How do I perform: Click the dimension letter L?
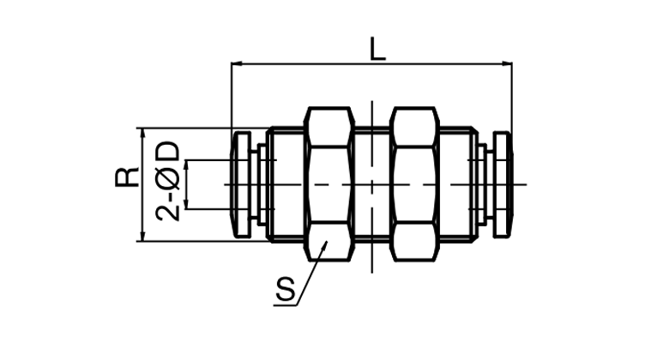[x=378, y=49]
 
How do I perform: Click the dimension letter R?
[x=127, y=177]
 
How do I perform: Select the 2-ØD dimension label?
[x=167, y=180]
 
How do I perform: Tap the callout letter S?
[x=285, y=289]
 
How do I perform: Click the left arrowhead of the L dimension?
[x=236, y=64]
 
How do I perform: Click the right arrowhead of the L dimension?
[x=507, y=64]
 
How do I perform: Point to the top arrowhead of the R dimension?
[x=143, y=133]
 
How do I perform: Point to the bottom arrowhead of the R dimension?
[x=143, y=236]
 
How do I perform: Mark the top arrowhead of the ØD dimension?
[x=186, y=165]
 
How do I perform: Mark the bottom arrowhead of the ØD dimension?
[x=186, y=204]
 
